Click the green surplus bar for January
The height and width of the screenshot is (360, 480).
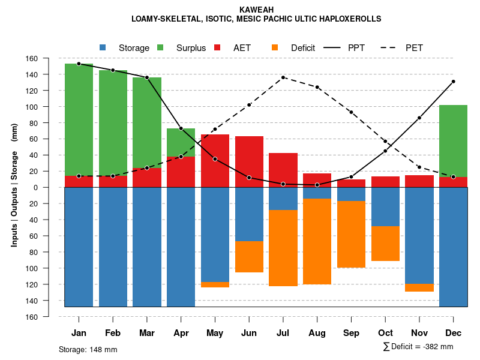pos(79,119)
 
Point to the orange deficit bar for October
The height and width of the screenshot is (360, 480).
pos(385,244)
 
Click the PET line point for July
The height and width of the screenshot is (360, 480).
pos(283,77)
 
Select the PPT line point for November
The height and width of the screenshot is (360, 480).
pos(419,118)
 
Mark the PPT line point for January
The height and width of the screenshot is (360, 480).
pos(79,64)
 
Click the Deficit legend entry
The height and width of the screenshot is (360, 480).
pos(294,48)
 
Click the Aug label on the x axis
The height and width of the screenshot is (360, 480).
pos(317,333)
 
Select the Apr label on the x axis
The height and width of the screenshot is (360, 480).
pos(181,333)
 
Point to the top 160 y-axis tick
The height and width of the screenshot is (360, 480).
pos(49,59)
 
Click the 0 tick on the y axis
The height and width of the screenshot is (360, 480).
pos(53,187)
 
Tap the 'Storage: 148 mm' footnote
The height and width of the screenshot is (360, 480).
pos(88,349)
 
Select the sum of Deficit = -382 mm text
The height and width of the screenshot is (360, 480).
pos(418,347)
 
